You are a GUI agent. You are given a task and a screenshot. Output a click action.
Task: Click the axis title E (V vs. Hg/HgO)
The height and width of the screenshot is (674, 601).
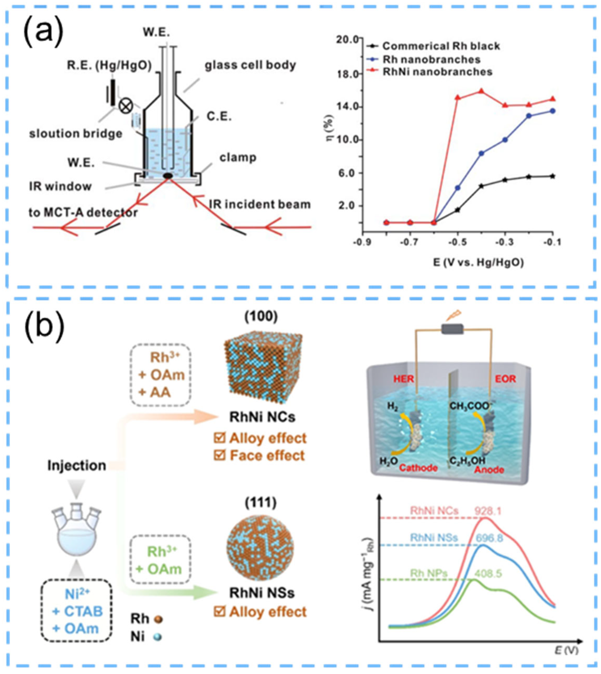[x=457, y=263]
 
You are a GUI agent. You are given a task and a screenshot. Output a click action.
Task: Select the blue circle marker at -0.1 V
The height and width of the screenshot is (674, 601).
[x=553, y=111]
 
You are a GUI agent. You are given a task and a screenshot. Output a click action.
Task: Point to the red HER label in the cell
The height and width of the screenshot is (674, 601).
[x=404, y=379]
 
